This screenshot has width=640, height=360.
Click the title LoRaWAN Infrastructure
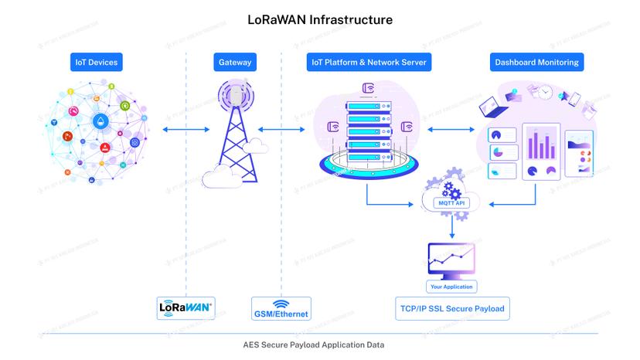pyautogui.click(x=319, y=19)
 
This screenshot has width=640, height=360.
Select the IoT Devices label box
pyautogui.click(x=97, y=63)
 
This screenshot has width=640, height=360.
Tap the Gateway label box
pyautogui.click(x=234, y=63)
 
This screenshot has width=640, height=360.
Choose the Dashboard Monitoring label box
pyautogui.click(x=536, y=63)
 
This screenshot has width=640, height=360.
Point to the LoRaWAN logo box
pyautogui.click(x=186, y=307)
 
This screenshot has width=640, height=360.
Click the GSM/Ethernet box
pyautogui.click(x=281, y=308)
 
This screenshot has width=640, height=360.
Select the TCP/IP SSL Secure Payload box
pyautogui.click(x=452, y=308)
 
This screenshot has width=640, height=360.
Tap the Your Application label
pyautogui.click(x=452, y=286)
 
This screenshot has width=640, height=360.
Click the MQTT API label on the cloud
pyautogui.click(x=452, y=203)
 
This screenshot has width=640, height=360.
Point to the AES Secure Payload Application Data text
pyautogui.click(x=319, y=345)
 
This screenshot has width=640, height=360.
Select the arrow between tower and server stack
pyautogui.click(x=280, y=130)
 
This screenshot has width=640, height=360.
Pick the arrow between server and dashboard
pyautogui.click(x=451, y=130)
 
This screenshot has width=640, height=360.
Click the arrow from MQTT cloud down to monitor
pyautogui.click(x=452, y=226)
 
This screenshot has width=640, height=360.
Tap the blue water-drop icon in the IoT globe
pyautogui.click(x=101, y=121)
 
